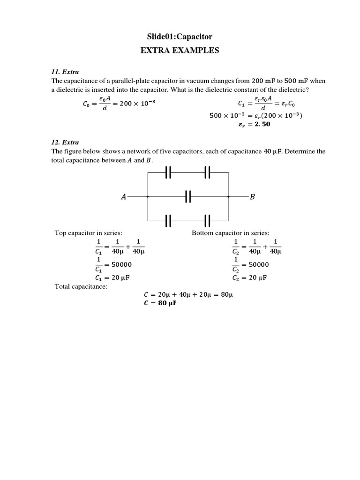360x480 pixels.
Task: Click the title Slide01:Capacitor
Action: (180, 36)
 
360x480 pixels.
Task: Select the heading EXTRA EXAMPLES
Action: (180, 51)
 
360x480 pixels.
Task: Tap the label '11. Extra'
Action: (65, 72)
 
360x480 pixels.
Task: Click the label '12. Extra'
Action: (65, 142)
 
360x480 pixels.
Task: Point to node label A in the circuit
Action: (123, 197)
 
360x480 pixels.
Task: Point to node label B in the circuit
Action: (252, 197)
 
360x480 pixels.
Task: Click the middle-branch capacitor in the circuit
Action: (188, 197)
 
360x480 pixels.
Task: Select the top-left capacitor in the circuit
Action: (169, 173)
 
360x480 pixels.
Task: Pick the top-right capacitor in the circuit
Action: (208, 173)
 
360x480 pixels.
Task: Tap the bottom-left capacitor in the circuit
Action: (169, 220)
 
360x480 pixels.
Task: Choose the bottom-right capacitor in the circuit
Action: (208, 220)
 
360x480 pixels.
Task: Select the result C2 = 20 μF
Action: (249, 277)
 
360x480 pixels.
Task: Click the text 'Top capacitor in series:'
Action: (89, 233)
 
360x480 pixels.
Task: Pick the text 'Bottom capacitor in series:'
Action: (231, 233)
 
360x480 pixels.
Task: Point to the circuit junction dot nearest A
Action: (148, 197)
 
